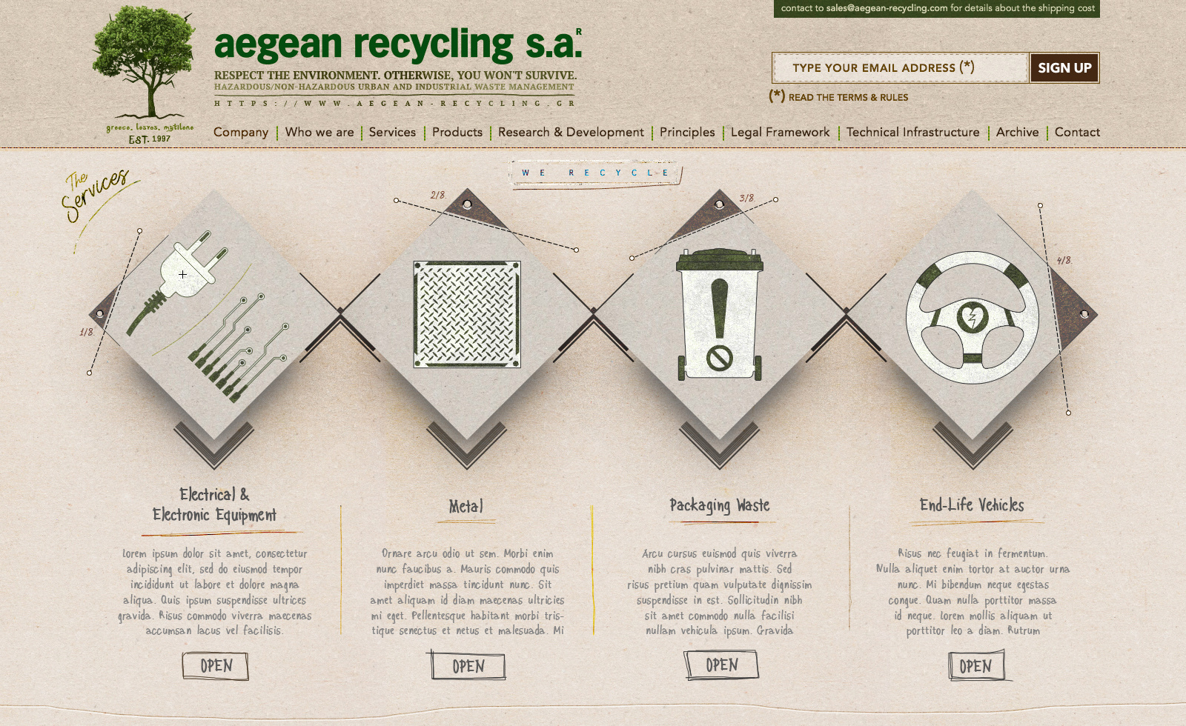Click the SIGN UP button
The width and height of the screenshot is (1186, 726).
(1064, 68)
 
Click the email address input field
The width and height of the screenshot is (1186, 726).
(900, 68)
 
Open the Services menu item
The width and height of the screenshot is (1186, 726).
(392, 132)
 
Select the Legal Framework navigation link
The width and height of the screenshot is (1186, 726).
(780, 132)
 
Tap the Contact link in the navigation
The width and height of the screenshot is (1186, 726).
(1076, 132)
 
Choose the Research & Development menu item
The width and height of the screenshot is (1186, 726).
(571, 132)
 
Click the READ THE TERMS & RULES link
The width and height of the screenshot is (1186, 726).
(848, 97)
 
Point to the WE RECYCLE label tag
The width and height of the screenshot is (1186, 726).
(595, 173)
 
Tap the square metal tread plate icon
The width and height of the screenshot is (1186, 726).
(467, 314)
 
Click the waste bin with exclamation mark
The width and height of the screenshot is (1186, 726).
(720, 315)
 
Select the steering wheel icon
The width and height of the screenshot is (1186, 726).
(972, 317)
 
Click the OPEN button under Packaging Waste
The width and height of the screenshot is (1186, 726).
(721, 665)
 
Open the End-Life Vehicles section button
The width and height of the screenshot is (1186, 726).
(976, 666)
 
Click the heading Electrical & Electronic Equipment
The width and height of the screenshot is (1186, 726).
(214, 504)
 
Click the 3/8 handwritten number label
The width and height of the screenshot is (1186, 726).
(746, 198)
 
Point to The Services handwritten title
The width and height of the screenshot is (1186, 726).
(95, 194)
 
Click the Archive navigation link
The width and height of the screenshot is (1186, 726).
(1017, 132)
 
